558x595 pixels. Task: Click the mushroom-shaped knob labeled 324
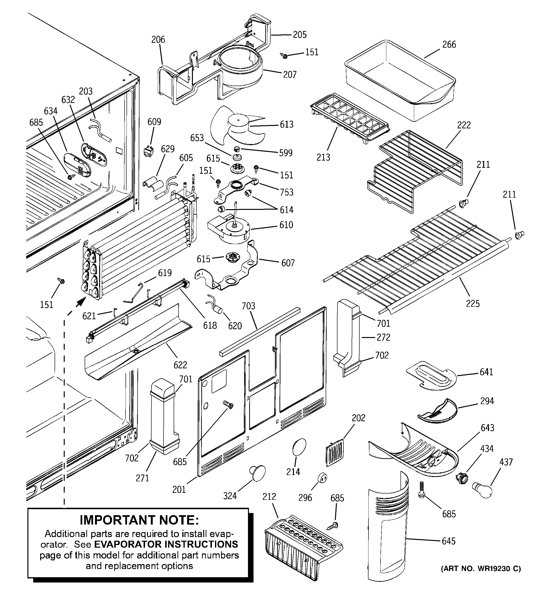(x=258, y=473)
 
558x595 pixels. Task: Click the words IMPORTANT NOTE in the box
(x=139, y=520)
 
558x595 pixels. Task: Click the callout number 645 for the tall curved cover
(x=448, y=541)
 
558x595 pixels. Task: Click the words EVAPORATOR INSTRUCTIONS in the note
(x=166, y=544)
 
